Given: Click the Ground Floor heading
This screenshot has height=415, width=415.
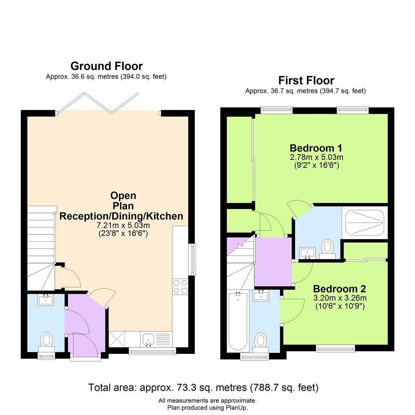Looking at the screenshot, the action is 106,66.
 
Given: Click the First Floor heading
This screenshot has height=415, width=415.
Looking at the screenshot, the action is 306,80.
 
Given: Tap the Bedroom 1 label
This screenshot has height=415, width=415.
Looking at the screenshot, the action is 316,148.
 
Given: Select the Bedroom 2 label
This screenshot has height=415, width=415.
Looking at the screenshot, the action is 339,289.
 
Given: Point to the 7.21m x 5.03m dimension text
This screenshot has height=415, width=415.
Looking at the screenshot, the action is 123,226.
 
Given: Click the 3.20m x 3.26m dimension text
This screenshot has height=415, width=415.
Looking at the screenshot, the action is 340,298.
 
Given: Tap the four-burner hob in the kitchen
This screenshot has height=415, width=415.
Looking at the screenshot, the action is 180,287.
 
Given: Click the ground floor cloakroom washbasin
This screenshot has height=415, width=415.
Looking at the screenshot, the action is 46,300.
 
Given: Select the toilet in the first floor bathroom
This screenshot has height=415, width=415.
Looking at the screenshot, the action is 261,343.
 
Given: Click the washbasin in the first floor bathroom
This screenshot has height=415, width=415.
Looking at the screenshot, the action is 261,295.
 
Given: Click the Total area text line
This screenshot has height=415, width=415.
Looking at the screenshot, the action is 203,387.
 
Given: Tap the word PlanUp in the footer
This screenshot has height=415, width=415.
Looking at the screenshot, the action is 236,408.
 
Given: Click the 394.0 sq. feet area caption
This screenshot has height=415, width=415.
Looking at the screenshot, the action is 144,77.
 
